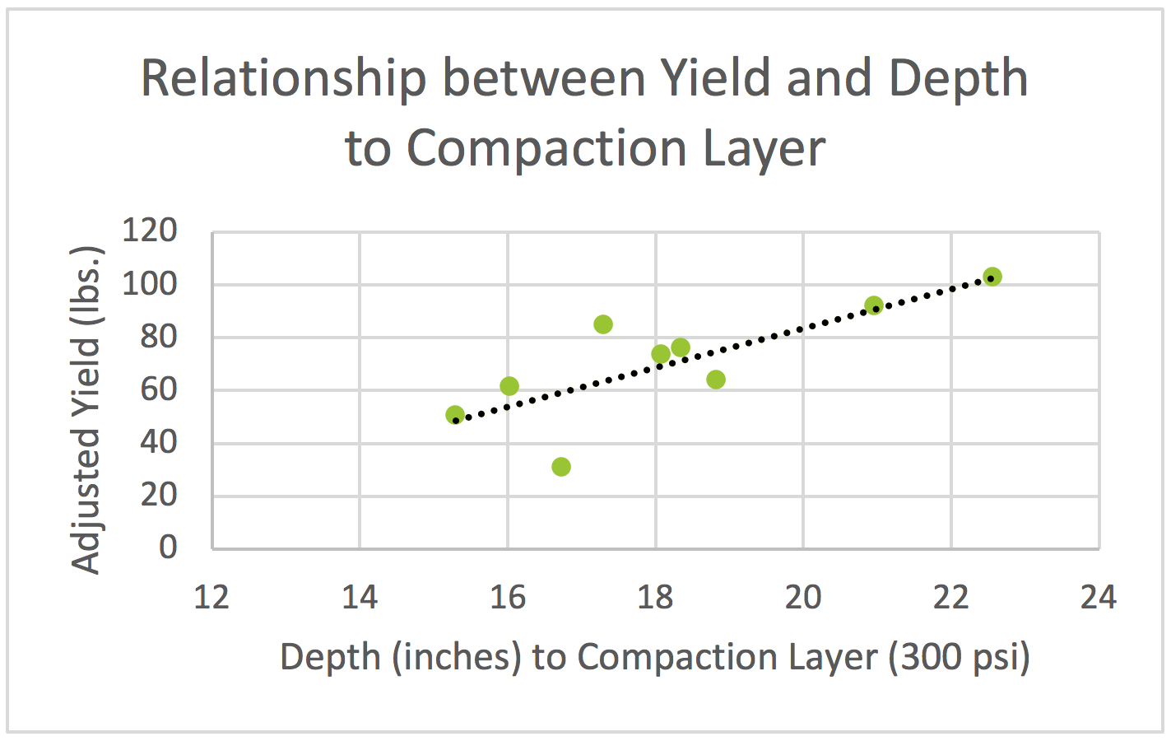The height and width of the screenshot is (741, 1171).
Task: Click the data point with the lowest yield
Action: point(561,467)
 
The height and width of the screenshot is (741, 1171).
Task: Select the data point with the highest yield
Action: point(992,277)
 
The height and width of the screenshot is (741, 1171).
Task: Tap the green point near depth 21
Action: point(874,305)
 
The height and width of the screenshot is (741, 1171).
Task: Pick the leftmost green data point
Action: point(455,415)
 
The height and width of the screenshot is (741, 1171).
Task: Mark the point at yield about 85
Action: point(603,324)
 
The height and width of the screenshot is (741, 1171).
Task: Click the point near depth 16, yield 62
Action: point(509,386)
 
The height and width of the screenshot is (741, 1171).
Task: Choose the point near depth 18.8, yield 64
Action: point(716,380)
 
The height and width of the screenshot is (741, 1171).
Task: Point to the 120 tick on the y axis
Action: point(150,231)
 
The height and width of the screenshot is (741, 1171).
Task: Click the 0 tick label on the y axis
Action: point(168,547)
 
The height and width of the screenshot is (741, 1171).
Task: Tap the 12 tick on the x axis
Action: point(211,597)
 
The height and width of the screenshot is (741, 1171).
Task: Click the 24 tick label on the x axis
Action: point(1099,597)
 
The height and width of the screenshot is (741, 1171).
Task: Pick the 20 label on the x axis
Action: point(803,597)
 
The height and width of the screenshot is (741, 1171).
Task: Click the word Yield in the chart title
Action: point(716,79)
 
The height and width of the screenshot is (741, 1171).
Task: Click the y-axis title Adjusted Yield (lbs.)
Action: point(86,409)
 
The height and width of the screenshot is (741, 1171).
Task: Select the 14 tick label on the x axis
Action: point(360,597)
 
